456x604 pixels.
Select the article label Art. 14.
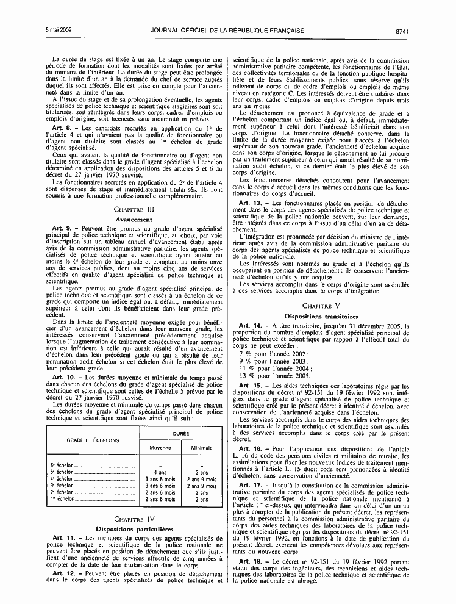point(251,326)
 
